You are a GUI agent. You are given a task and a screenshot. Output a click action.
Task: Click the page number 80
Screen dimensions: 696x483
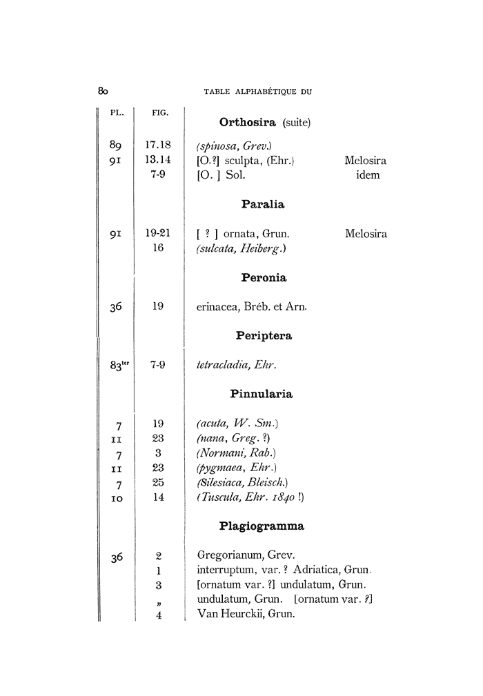pyautogui.click(x=103, y=91)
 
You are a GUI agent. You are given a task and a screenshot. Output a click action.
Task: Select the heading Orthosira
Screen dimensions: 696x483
pyautogui.click(x=248, y=123)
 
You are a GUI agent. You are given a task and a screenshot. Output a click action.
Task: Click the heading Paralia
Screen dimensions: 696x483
pyautogui.click(x=263, y=204)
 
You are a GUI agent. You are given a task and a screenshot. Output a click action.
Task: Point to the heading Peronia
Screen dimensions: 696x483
pyautogui.click(x=264, y=278)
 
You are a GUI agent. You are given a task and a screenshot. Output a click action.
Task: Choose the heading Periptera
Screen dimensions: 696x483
pyautogui.click(x=264, y=336)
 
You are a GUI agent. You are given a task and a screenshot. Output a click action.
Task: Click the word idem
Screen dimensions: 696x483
pyautogui.click(x=366, y=175)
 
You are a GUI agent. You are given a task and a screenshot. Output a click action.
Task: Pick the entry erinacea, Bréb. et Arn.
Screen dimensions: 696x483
pyautogui.click(x=251, y=307)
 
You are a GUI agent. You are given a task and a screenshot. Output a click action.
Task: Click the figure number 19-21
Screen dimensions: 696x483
pyautogui.click(x=158, y=234)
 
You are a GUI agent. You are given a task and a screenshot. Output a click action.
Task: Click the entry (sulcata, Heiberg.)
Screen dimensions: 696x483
pyautogui.click(x=240, y=248)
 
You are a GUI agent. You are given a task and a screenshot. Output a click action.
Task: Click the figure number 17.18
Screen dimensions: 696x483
pyautogui.click(x=158, y=146)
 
